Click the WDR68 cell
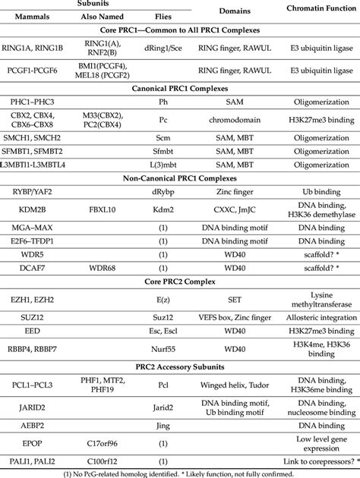pos(97,269)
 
